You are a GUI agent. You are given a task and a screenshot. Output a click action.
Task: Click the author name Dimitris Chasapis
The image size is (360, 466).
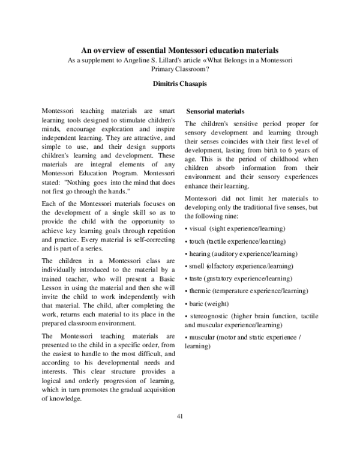181,84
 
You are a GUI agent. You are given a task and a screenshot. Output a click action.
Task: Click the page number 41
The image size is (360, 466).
181,416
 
